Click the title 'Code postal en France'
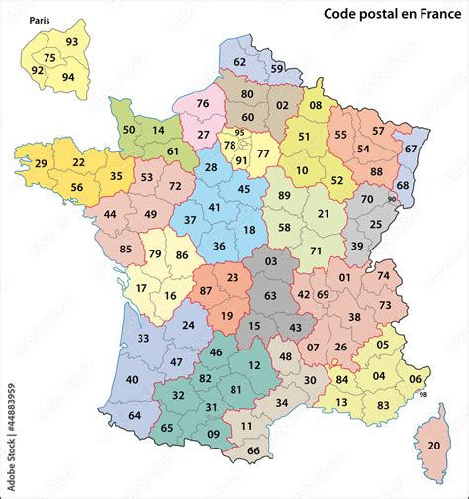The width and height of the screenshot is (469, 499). point(393,14)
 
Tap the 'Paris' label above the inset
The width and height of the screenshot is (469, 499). point(41,20)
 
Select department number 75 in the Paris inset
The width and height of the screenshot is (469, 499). point(49,59)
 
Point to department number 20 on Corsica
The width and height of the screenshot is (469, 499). point(434,446)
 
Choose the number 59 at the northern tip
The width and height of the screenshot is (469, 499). point(277,69)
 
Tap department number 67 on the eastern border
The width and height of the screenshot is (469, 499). point(410,150)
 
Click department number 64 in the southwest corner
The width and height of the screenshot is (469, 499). point(135,415)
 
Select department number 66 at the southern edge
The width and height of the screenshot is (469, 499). point(253,451)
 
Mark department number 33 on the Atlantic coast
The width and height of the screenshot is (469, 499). point(142,339)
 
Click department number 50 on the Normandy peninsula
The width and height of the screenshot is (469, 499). point(129,130)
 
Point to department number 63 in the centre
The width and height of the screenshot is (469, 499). point(269,295)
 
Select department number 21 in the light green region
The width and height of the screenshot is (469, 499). point(323,214)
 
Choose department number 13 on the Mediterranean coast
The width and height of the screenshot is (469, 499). point(341,402)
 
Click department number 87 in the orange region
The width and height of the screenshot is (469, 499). point(205,291)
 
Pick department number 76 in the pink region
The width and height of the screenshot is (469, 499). point(203,104)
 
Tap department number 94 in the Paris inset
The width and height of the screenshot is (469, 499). point(68,77)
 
